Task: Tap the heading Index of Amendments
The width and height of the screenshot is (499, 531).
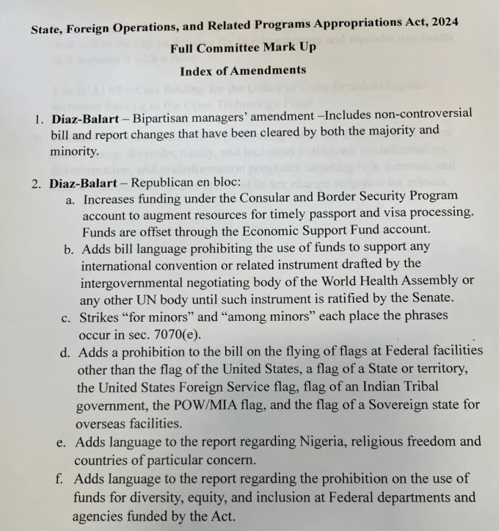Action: (243, 71)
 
